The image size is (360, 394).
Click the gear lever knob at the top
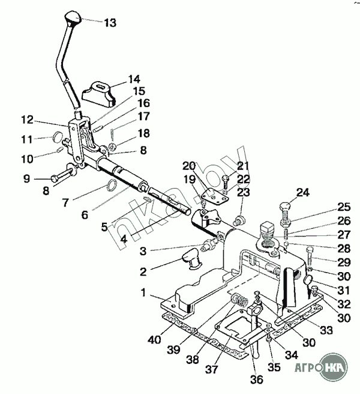73,17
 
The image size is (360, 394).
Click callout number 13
110,23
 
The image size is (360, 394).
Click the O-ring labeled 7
112,185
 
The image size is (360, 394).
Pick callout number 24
303,193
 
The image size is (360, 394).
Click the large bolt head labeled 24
286,207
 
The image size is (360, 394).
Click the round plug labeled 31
309,280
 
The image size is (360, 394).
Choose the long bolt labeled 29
309,256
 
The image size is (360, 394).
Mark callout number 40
154,340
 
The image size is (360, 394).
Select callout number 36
257,379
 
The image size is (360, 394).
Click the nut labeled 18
112,146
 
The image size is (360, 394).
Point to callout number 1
143,292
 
